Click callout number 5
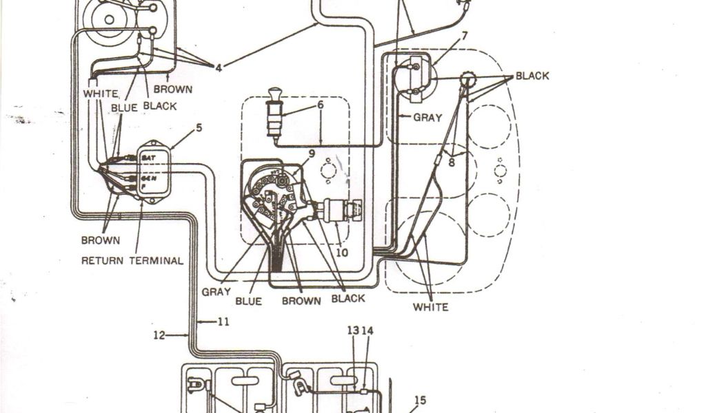[199, 127]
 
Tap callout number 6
[320, 105]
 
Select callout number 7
[464, 36]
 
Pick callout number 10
[342, 253]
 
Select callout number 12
[159, 335]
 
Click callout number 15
[420, 399]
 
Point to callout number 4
[218, 67]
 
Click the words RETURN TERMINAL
[132, 261]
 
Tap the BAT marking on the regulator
[148, 158]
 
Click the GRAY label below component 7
[427, 117]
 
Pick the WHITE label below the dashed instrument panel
[430, 307]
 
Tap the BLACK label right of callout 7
[532, 76]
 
